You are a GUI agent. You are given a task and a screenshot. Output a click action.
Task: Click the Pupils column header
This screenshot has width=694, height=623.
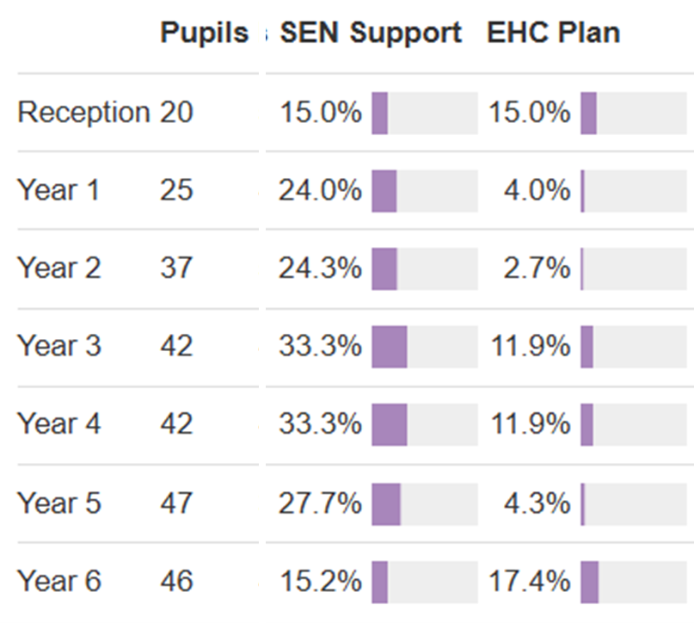click(203, 34)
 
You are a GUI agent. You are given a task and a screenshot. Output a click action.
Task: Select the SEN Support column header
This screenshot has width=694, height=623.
click(371, 34)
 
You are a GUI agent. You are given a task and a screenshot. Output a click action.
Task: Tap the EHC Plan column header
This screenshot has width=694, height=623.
click(553, 34)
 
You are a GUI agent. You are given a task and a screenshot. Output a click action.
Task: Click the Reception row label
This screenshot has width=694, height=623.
click(83, 113)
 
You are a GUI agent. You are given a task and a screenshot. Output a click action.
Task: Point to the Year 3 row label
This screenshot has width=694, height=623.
click(58, 346)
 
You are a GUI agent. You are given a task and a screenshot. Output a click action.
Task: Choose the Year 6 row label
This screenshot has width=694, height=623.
click(58, 581)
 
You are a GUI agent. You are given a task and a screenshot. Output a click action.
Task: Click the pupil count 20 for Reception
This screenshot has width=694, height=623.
click(176, 113)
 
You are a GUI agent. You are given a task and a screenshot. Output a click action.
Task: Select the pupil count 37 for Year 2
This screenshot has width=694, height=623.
click(176, 268)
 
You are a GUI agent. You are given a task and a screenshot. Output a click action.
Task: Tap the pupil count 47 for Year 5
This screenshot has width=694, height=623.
click(176, 503)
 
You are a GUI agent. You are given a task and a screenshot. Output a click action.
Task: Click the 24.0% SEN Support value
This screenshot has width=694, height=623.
click(319, 190)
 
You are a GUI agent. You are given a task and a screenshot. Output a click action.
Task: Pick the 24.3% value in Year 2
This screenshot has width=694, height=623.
click(319, 268)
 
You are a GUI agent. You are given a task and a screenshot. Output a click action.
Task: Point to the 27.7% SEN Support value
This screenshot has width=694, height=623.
click(319, 503)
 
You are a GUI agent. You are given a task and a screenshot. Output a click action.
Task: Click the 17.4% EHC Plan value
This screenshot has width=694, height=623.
click(529, 581)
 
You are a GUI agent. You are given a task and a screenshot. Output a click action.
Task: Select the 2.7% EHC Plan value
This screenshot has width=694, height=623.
click(537, 268)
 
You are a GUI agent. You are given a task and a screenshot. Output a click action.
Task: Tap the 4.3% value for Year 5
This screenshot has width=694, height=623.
click(537, 503)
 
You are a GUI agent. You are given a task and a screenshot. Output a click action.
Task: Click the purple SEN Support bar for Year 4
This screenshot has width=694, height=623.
click(389, 424)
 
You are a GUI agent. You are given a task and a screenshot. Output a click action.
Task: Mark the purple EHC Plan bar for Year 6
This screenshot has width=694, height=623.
click(589, 581)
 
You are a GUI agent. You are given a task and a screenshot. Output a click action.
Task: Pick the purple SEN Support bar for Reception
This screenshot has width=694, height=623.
click(379, 113)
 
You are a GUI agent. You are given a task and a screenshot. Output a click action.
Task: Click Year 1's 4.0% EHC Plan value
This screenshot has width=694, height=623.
click(537, 190)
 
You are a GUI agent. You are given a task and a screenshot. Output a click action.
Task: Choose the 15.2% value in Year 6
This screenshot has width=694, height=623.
click(319, 581)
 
